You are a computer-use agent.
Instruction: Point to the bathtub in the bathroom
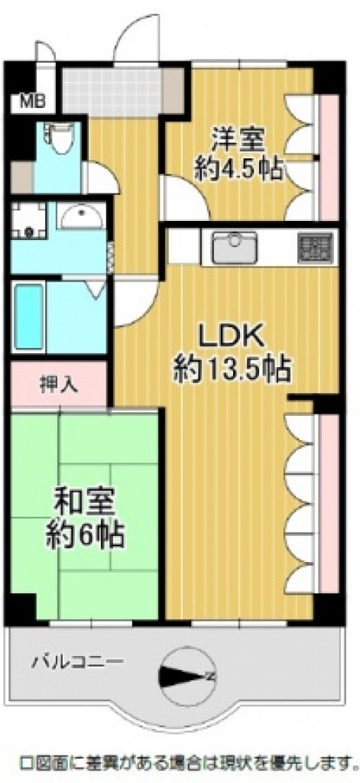28,316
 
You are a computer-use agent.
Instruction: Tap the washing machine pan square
28,220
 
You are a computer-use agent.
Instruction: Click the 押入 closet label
59,385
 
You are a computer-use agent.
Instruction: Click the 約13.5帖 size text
232,371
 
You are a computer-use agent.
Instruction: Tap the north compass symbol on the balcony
188,676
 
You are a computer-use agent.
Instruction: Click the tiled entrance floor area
112,92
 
